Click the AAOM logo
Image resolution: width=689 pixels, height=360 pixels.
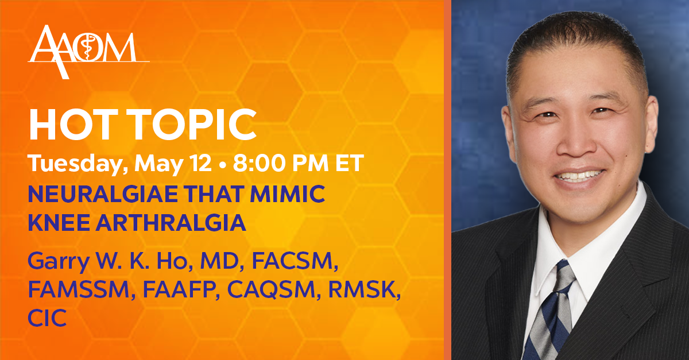88,52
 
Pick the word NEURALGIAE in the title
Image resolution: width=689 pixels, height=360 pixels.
103,194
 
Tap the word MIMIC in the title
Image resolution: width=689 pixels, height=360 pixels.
288,194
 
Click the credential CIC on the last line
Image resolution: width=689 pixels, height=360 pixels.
47,318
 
